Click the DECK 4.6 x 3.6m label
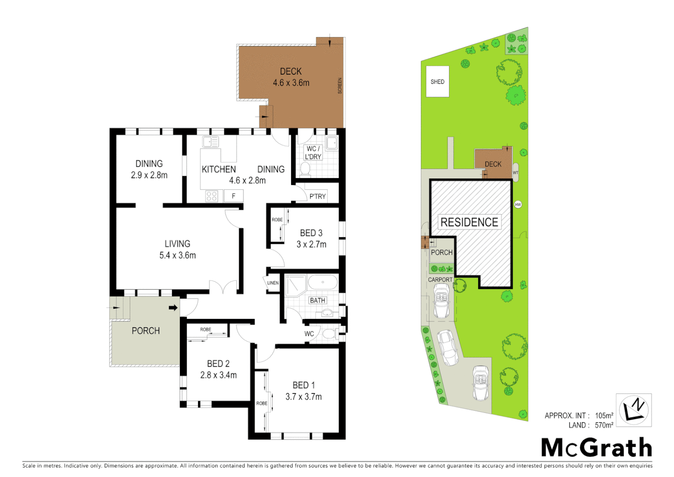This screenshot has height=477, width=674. click(291, 77)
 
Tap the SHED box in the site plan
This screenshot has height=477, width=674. click(437, 82)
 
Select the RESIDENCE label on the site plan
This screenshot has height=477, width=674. click(469, 222)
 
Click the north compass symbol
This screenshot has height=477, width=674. click(633, 410)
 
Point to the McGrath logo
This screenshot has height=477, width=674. click(596, 448)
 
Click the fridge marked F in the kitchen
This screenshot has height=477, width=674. click(233, 196)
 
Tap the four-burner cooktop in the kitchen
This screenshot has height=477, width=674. click(212, 196)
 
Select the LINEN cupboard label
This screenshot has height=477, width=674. click(273, 283)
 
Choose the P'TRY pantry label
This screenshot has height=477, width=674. click(317, 196)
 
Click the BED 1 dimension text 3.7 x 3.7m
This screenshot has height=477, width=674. click(303, 397)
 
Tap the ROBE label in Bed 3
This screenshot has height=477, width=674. click(277, 220)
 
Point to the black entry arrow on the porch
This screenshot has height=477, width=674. click(173, 307)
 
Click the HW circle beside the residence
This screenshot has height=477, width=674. click(518, 204)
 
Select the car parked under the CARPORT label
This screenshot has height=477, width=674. click(441, 301)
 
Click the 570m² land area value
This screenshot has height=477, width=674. click(604, 425)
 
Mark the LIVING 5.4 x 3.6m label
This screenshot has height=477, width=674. click(177, 250)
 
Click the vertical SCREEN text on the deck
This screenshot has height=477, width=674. click(340, 85)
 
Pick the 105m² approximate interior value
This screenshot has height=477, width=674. click(604, 416)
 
